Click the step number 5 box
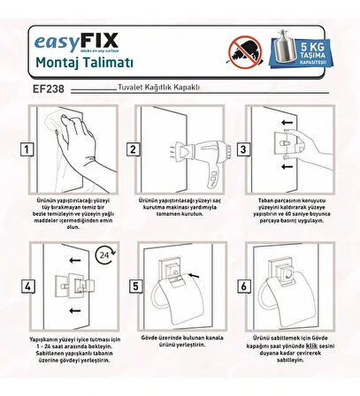click(x=134, y=286)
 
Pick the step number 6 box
click(x=237, y=286)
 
